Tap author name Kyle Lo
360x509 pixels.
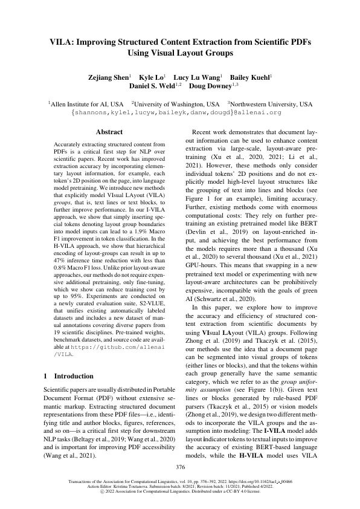coord(153,78)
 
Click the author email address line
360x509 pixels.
coord(180,112)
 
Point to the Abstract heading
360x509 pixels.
coord(109,132)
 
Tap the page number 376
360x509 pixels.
coord(180,467)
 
